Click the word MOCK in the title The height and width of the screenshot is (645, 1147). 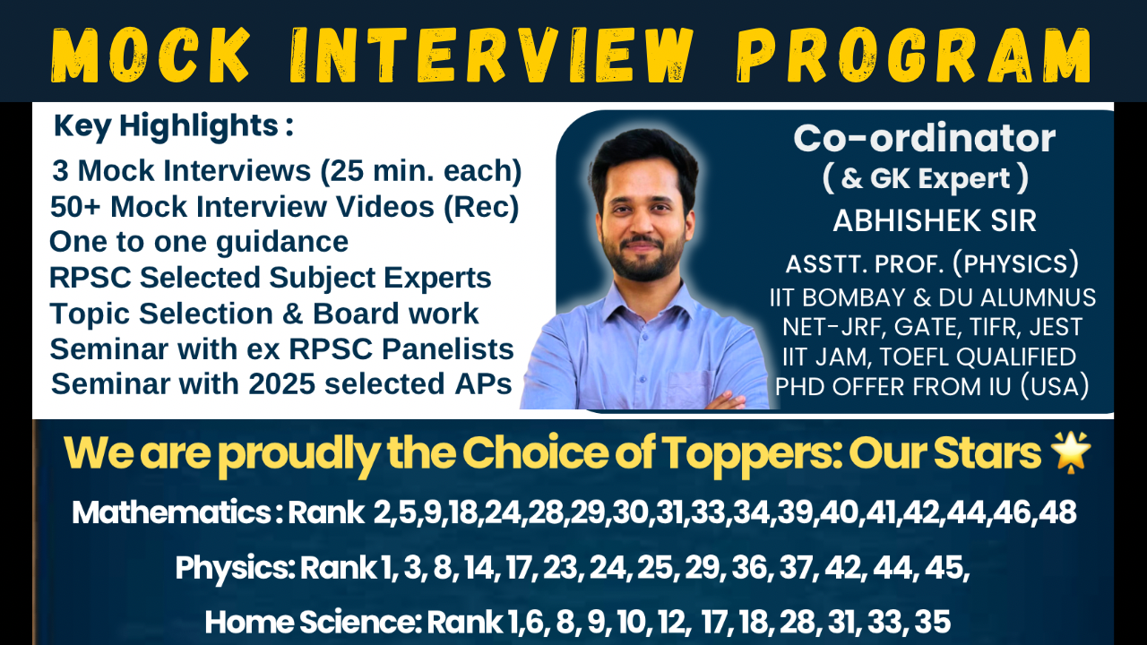(151, 56)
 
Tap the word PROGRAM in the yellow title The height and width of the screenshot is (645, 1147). (913, 56)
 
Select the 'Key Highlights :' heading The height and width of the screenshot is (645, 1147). (174, 126)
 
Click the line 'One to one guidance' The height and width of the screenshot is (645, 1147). (199, 242)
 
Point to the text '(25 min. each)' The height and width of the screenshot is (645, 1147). (421, 171)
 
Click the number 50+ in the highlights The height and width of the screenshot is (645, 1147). (76, 207)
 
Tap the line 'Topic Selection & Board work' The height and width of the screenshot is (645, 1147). (264, 314)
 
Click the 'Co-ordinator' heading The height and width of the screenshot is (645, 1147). (924, 138)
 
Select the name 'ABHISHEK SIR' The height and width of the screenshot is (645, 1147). (935, 221)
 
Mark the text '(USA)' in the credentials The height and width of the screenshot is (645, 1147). (1054, 386)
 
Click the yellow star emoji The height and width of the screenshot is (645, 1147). (1070, 452)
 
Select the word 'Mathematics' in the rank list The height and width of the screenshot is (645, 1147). (171, 512)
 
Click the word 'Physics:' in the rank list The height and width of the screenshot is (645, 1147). (235, 568)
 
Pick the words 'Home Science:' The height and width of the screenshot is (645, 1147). (313, 622)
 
